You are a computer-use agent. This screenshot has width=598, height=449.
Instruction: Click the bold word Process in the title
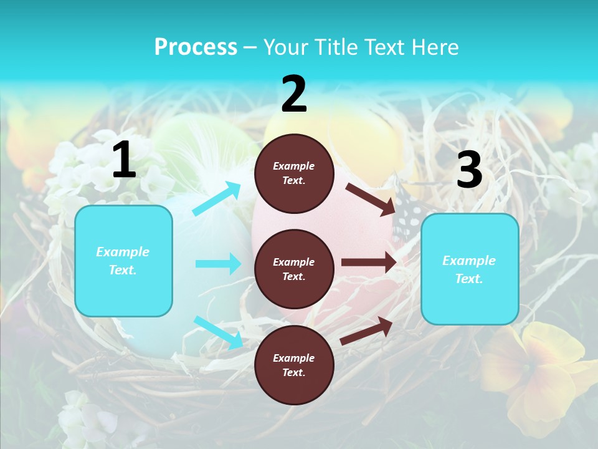click(x=196, y=47)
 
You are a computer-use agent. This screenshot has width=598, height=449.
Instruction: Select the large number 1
click(x=124, y=160)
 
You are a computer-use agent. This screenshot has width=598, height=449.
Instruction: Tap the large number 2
click(x=294, y=94)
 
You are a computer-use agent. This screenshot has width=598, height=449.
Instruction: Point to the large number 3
click(x=469, y=170)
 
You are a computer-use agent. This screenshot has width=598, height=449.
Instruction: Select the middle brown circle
click(x=294, y=269)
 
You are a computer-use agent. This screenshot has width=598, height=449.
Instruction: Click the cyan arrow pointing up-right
click(x=216, y=199)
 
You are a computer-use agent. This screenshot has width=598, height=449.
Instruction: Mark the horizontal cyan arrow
click(x=218, y=264)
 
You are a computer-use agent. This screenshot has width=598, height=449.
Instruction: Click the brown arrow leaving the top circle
click(x=370, y=198)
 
